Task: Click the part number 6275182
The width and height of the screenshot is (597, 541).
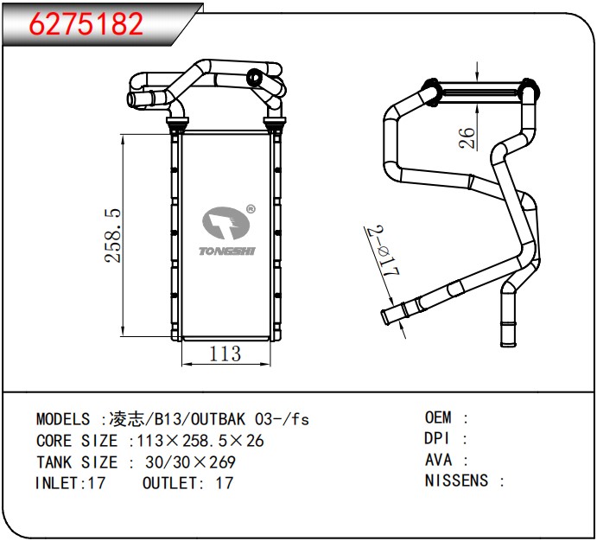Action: [x=87, y=24]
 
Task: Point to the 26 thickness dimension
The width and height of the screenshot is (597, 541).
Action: [x=467, y=137]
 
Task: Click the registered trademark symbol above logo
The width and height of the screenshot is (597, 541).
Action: [x=250, y=208]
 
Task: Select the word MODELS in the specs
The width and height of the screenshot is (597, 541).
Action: [x=63, y=419]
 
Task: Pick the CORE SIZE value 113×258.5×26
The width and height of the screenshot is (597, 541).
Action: [x=201, y=441]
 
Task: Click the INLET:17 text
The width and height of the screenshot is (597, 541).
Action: [x=70, y=483]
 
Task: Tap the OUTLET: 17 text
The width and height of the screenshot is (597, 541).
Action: [x=187, y=483]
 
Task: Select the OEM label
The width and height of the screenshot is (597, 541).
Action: [x=438, y=417]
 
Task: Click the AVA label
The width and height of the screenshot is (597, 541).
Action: [x=438, y=460]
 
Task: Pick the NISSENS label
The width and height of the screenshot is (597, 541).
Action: [x=456, y=481]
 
